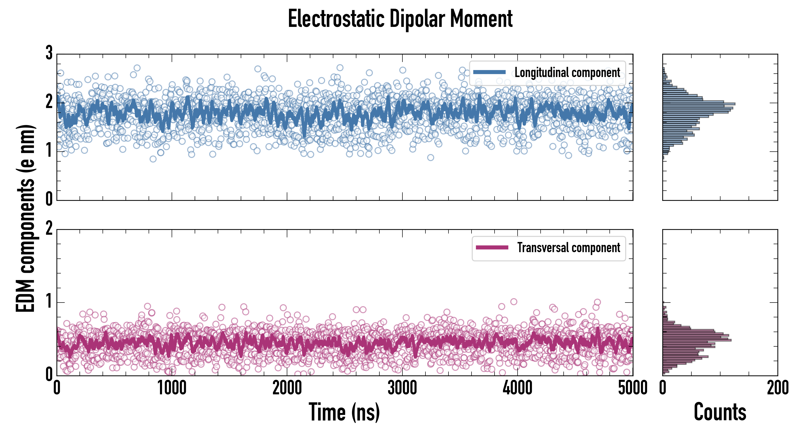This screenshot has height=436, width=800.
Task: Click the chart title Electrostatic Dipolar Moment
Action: coord(400,19)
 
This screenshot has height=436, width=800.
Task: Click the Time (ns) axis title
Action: coord(344,412)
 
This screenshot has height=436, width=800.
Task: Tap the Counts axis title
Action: coord(720,412)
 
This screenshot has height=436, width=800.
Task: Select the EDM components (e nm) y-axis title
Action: coord(25,218)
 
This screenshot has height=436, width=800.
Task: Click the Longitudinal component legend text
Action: coord(567,73)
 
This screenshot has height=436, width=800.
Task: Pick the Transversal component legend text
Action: coord(568,248)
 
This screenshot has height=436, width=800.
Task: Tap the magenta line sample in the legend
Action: coord(492,248)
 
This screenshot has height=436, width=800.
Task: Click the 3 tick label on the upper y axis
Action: coord(49,53)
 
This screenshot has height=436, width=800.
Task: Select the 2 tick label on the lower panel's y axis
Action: coord(49,229)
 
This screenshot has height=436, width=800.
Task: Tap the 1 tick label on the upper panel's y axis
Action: coord(49,151)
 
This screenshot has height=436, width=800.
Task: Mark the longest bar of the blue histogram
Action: coord(699,104)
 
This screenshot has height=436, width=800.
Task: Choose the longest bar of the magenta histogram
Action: coord(697,340)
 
